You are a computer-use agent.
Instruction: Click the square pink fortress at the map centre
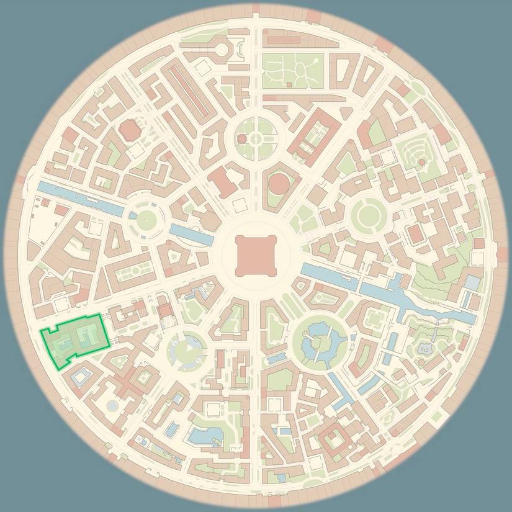[255, 255]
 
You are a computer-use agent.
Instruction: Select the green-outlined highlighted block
[75, 341]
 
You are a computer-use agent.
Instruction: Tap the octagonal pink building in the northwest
[129, 130]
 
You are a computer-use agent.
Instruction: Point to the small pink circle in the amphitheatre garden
[421, 162]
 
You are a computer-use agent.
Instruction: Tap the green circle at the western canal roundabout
[147, 218]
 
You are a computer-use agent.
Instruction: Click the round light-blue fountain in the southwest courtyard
[112, 405]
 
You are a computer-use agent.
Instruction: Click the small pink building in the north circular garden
[255, 138]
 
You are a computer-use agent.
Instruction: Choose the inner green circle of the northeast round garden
[369, 215]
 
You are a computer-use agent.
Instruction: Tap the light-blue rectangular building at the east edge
[472, 283]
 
